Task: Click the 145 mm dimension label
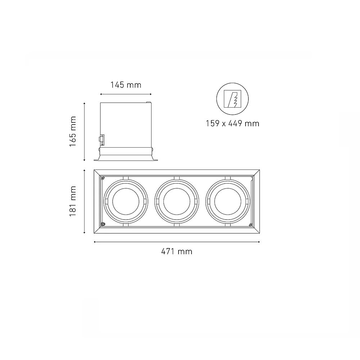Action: tap(126, 85)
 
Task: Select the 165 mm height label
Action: tap(73, 131)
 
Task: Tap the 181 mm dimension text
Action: tap(73, 201)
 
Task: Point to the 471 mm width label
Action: tap(176, 251)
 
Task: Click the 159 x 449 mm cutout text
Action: tap(232, 123)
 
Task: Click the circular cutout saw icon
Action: tap(232, 99)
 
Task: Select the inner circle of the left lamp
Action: tap(125, 201)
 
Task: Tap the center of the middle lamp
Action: tap(176, 201)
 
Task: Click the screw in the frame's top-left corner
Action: tap(103, 178)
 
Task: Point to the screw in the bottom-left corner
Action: tap(103, 224)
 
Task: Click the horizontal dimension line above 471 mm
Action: tap(176, 242)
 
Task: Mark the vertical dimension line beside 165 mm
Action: tap(84, 131)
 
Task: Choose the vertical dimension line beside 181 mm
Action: tap(84, 201)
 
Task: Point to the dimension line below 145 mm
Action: tap(126, 94)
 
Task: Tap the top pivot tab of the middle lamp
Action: tap(176, 178)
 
